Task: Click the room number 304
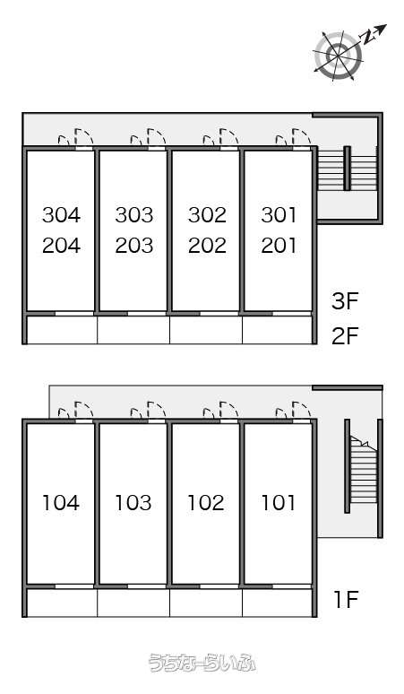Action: coord(62,215)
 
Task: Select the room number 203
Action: coord(134,246)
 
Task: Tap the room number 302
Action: coord(207,215)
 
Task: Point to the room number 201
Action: coord(279,246)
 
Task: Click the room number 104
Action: coord(61,503)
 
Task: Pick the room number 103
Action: coord(133,503)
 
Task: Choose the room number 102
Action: coord(206,503)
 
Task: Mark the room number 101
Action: coord(278,503)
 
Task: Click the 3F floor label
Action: coord(345,301)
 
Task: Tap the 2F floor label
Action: coord(345,336)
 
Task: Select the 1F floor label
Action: coord(346,600)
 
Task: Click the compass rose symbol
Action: coord(338,56)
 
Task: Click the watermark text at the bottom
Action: coord(202,663)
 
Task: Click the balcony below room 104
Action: coord(62,603)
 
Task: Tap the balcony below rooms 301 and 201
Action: coord(278,330)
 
